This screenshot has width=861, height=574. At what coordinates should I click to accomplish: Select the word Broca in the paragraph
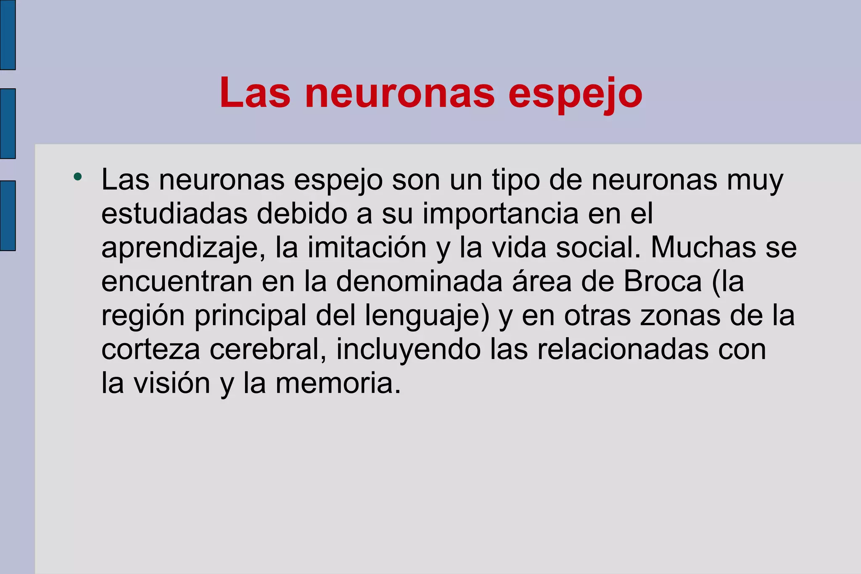(x=663, y=281)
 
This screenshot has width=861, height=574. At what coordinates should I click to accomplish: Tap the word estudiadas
(x=174, y=214)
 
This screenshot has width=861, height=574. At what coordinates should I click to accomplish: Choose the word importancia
(x=500, y=214)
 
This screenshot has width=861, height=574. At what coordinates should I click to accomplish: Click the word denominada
(x=419, y=281)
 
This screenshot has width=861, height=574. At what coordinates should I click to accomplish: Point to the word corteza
(x=151, y=349)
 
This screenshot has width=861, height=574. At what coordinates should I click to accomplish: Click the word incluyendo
(x=408, y=350)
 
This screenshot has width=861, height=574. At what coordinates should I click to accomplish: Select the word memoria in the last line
(x=338, y=384)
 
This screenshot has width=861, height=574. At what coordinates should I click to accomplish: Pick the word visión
(x=172, y=384)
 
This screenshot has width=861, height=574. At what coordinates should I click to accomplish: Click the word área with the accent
(x=541, y=281)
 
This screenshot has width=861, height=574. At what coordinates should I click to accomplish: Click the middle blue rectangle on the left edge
(x=8, y=124)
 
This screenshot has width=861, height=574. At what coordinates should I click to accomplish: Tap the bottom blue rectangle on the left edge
(x=8, y=216)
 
